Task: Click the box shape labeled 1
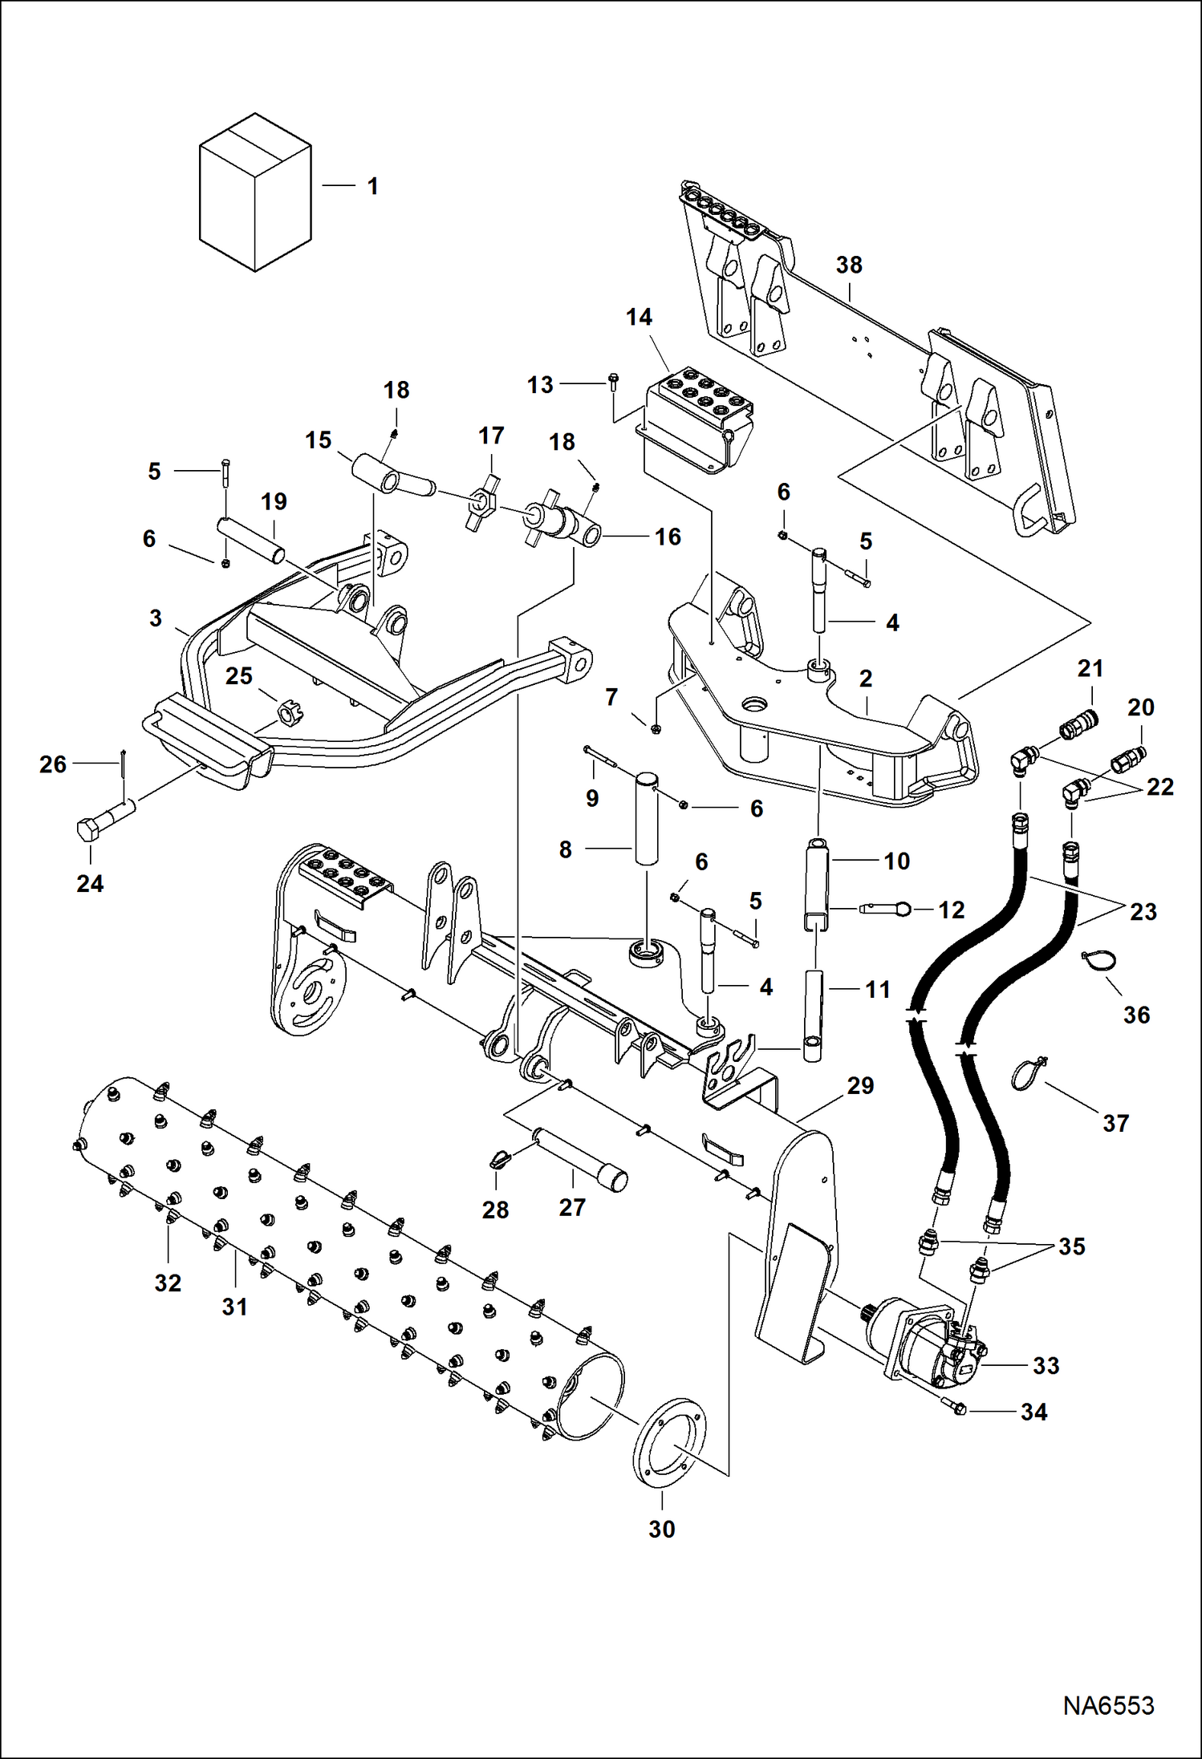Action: pos(254,193)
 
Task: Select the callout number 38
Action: pos(849,265)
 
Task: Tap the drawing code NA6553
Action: pos(1108,1704)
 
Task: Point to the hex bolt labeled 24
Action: pos(101,818)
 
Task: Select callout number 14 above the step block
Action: pos(639,318)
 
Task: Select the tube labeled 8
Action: pos(646,817)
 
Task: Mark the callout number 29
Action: pos(860,1085)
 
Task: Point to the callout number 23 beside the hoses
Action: pos(1143,912)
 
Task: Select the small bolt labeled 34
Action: pos(958,1408)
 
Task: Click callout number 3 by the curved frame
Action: pos(156,618)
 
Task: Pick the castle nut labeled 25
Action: pos(290,711)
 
